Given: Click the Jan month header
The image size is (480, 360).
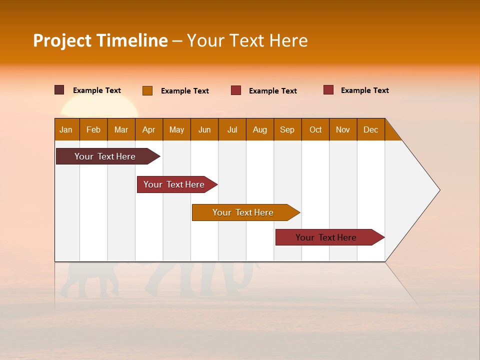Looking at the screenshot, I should tap(66, 129).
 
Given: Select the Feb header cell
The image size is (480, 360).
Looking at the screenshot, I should tap(93, 129).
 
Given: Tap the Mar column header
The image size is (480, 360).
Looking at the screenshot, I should tap(121, 129).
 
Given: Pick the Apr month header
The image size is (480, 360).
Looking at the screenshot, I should tap(148, 129).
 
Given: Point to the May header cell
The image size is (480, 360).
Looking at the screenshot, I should tap(176, 129).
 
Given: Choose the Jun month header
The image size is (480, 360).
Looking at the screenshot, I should tap(204, 129).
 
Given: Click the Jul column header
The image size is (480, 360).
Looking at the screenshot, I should tap(232, 129).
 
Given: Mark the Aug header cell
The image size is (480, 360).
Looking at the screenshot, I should tap(259, 129).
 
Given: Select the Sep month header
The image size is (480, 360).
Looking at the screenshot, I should tap(287, 129).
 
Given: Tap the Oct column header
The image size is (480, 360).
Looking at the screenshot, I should tap(315, 129).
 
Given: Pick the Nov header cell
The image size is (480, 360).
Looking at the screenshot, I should tap(343, 129).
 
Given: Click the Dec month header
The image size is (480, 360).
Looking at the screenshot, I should tap(370, 129).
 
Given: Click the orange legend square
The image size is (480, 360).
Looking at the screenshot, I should tap(147, 90).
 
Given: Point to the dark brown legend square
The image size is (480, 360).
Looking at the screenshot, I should tap(59, 90).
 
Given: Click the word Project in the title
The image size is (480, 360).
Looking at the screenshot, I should tap(62, 40).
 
